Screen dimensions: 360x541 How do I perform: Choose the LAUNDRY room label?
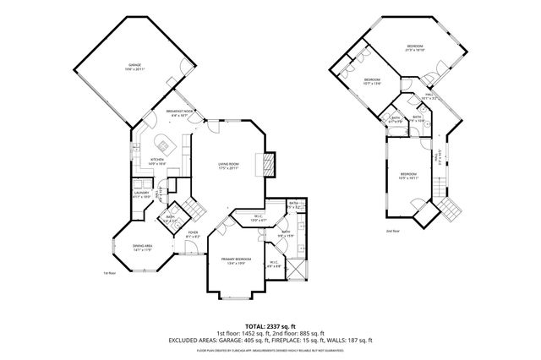click(x=141, y=194)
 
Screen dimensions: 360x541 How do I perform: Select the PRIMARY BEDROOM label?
click(x=238, y=261)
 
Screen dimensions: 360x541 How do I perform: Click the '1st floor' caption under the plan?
click(x=108, y=273)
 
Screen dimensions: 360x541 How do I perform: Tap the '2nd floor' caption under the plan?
click(x=393, y=231)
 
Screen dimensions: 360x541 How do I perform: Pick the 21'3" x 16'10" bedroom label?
click(x=414, y=48)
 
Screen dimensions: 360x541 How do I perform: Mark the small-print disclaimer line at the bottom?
click(x=270, y=349)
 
